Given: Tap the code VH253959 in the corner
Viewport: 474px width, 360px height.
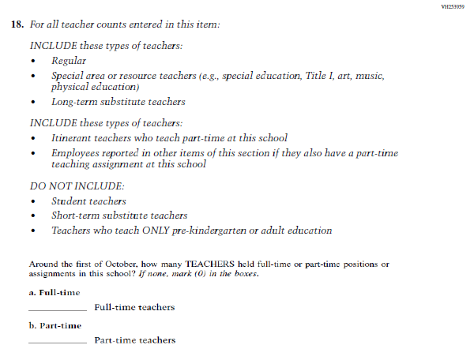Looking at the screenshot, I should coord(453,6).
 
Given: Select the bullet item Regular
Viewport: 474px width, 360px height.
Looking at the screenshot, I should coord(69,60).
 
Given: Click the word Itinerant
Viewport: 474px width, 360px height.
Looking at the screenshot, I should coord(73,137).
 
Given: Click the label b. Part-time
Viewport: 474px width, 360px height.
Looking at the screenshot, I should coord(55,325).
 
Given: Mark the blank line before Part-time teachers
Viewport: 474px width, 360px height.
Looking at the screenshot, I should coord(57,342).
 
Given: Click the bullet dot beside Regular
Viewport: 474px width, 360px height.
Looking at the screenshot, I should coord(32,61).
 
